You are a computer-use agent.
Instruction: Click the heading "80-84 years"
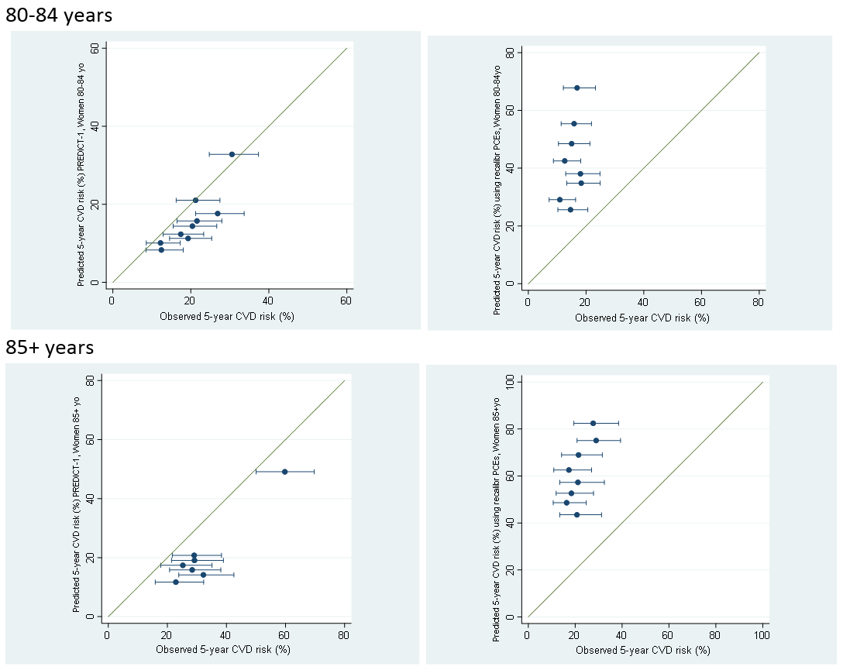(59, 15)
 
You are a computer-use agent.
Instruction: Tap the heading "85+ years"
(50, 348)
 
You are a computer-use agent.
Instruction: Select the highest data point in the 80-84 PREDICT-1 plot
(232, 154)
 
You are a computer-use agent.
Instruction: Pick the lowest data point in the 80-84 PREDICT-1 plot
(161, 249)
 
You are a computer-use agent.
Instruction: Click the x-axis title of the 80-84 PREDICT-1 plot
(226, 316)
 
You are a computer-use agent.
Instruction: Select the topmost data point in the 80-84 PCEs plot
(576, 88)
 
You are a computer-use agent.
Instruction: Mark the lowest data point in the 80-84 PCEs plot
(570, 209)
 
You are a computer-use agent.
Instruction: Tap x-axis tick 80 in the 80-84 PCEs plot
(758, 302)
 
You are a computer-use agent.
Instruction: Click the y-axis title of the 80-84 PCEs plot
(497, 180)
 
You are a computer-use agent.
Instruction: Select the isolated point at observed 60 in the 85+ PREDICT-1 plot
(284, 471)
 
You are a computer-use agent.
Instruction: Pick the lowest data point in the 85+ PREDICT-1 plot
(176, 582)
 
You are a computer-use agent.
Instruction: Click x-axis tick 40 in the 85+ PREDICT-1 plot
(225, 634)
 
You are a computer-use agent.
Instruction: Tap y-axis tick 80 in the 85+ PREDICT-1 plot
(91, 380)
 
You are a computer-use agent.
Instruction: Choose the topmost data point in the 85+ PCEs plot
(593, 423)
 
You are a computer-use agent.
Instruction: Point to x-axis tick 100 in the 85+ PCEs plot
(762, 636)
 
